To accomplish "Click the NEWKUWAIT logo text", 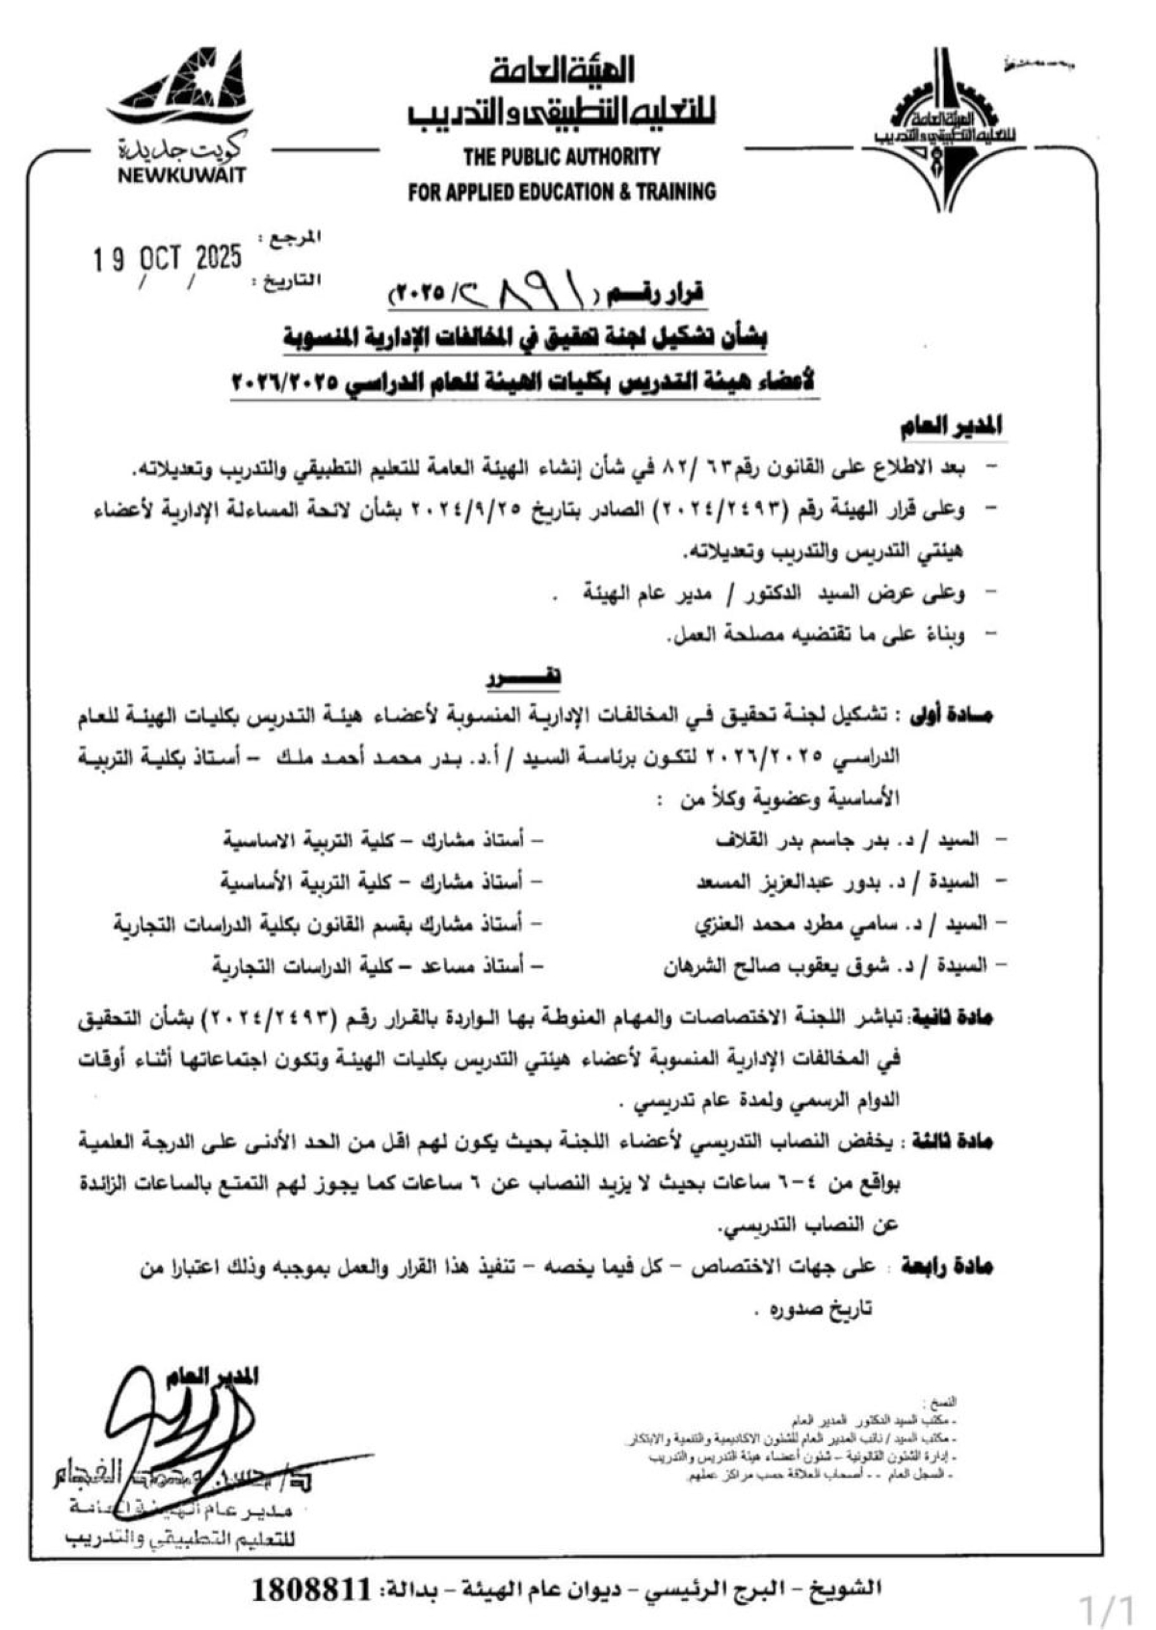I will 182,175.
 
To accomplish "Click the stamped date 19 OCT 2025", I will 168,258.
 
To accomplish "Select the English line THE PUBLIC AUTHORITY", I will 562,156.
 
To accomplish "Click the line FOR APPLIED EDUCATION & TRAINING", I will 562,192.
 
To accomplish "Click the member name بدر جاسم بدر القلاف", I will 809,840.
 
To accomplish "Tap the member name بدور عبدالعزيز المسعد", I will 800,881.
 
